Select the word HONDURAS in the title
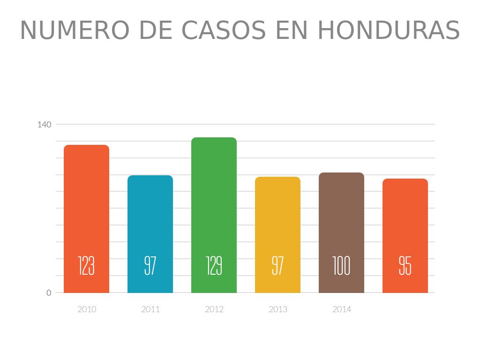pos(389,30)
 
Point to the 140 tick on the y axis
pos(44,125)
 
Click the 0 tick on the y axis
pos(49,293)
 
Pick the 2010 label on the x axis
pos(87,309)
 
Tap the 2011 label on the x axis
pos(150,309)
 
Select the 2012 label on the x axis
pos(214,309)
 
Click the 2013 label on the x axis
pos(278,309)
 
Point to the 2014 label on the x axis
pos(342,309)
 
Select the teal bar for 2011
pos(150,216)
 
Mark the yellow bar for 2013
pos(277,216)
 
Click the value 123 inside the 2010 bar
pos(86,266)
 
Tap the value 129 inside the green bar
pos(214,266)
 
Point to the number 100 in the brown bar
pos(341,266)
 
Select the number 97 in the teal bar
pos(150,266)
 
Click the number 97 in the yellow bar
pos(277,266)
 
